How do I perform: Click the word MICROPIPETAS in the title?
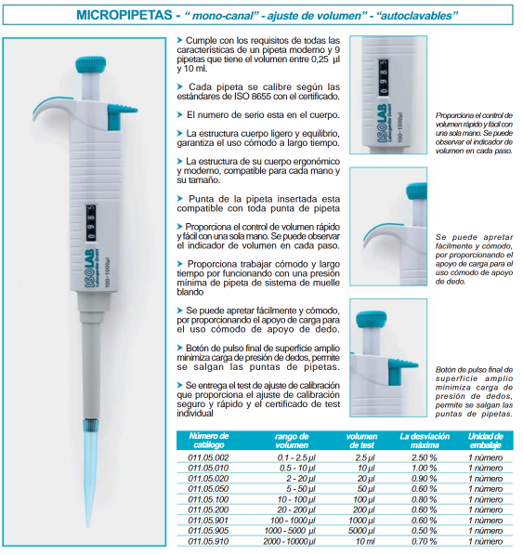tap(124, 15)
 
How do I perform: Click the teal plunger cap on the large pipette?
tap(90, 65)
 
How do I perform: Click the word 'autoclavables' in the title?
tap(418, 16)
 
